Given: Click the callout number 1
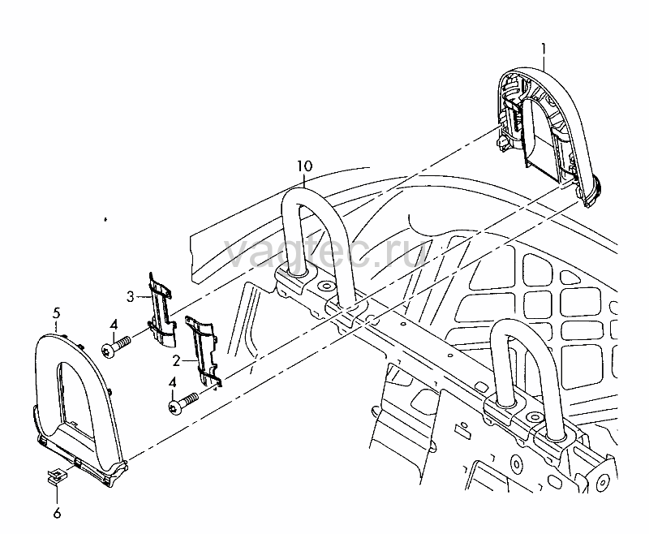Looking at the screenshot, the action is coord(544,50).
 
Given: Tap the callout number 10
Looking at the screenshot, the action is coord(305,166).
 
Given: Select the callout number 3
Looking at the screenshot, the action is coord(131,297).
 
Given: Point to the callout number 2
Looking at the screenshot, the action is coord(176,361).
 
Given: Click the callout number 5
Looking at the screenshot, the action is coord(56,313).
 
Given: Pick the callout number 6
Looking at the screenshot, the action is coord(57,513).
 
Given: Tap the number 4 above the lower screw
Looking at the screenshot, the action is coord(172,383).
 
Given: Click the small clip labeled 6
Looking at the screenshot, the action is coord(55,476).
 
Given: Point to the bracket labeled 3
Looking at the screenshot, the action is coord(162,308).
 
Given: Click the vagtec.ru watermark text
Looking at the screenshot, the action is coord(327,253).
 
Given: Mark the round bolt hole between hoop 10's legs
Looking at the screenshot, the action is coord(325,286).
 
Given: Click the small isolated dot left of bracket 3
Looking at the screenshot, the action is coord(105,219).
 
